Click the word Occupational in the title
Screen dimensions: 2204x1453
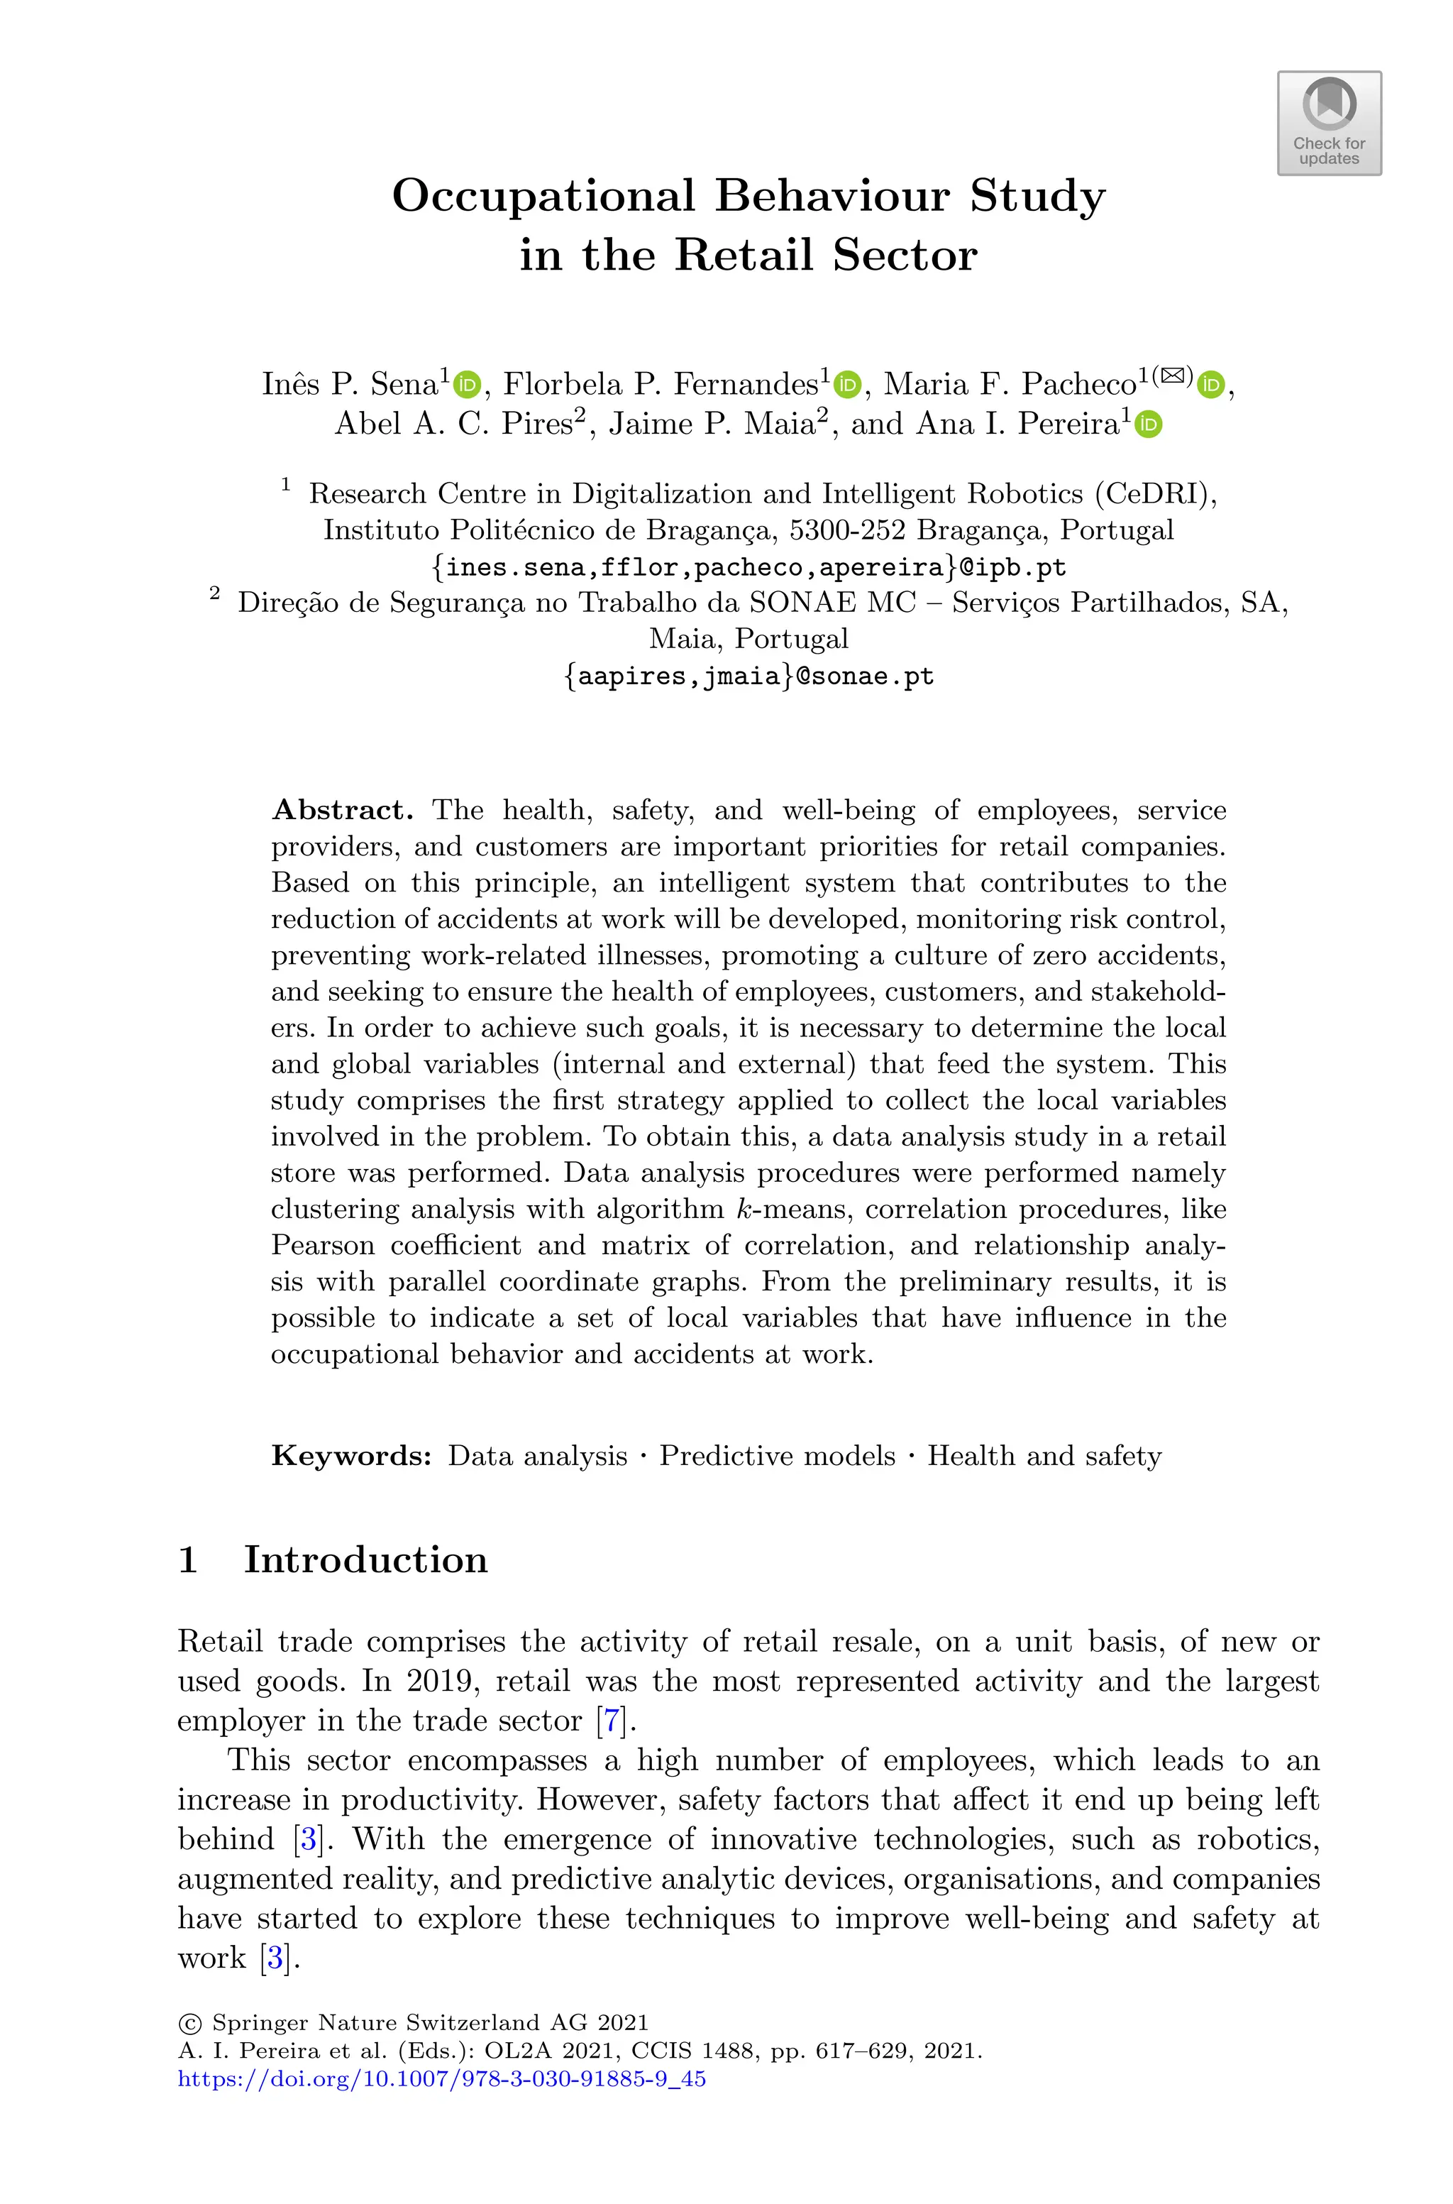coord(543,197)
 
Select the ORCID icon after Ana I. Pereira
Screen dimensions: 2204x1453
coord(1148,424)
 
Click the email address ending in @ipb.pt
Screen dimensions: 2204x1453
coord(748,566)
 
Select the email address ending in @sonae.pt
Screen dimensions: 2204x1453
coord(748,676)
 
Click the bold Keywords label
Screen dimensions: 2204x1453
coord(351,1455)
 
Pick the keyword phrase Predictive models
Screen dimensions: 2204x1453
coord(777,1455)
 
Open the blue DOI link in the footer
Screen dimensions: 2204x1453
coord(441,2079)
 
